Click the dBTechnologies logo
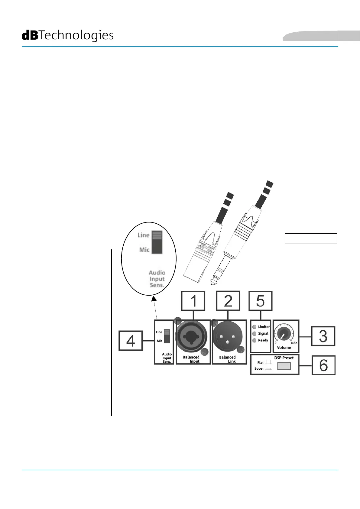[68, 35]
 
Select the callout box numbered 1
[193, 301]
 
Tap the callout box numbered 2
[228, 301]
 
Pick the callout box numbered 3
[323, 336]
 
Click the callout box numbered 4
[131, 341]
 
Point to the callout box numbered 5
[260, 301]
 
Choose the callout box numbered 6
[323, 365]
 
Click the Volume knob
[284, 334]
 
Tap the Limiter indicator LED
[255, 327]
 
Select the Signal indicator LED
[255, 333]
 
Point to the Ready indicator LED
[255, 340]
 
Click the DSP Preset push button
[284, 366]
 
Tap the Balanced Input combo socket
[191, 337]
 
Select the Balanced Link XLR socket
[227, 337]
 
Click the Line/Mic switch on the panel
[167, 336]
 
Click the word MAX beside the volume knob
[294, 343]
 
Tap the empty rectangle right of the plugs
[311, 238]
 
